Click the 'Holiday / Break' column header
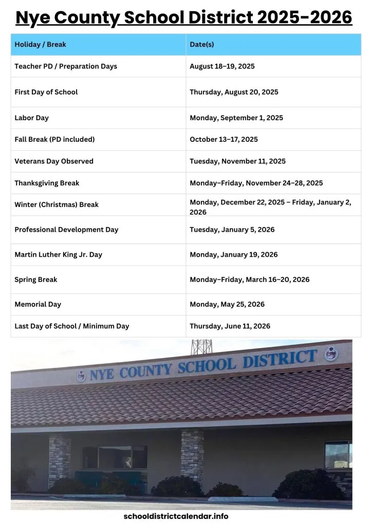click(x=40, y=45)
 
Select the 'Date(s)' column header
click(x=202, y=45)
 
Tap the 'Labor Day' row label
click(x=31, y=118)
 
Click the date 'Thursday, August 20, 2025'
click(x=234, y=92)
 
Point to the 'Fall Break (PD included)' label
click(x=54, y=139)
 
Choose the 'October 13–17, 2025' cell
click(x=224, y=139)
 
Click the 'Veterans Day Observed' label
click(x=54, y=161)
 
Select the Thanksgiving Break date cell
click(x=256, y=183)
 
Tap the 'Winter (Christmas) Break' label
click(x=57, y=204)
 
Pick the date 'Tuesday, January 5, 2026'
click(x=232, y=230)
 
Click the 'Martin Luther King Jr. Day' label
click(x=58, y=254)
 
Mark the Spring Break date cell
click(x=249, y=279)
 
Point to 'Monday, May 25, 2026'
click(x=227, y=304)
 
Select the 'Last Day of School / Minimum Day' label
click(x=72, y=326)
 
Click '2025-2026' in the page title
click(x=305, y=17)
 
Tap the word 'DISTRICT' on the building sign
click(x=280, y=359)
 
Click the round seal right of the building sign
click(x=331, y=354)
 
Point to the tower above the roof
click(x=201, y=347)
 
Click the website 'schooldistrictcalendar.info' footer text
click(x=176, y=516)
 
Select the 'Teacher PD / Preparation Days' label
click(x=66, y=66)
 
